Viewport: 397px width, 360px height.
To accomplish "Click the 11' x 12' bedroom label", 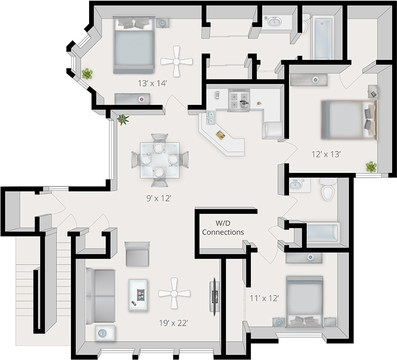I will tap(264, 297).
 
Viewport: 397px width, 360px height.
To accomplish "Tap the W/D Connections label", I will tap(223, 227).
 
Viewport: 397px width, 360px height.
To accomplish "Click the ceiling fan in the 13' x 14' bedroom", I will tap(176, 63).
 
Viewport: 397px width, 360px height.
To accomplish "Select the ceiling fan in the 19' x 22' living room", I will tap(174, 292).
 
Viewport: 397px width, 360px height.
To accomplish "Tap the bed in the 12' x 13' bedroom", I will tap(348, 120).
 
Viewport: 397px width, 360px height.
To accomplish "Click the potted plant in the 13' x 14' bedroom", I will tap(88, 73).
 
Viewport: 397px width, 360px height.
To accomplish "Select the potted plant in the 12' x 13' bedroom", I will tap(370, 166).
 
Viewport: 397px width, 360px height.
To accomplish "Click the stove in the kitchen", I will tap(240, 99).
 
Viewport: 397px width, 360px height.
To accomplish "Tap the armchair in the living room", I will tap(137, 253).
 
